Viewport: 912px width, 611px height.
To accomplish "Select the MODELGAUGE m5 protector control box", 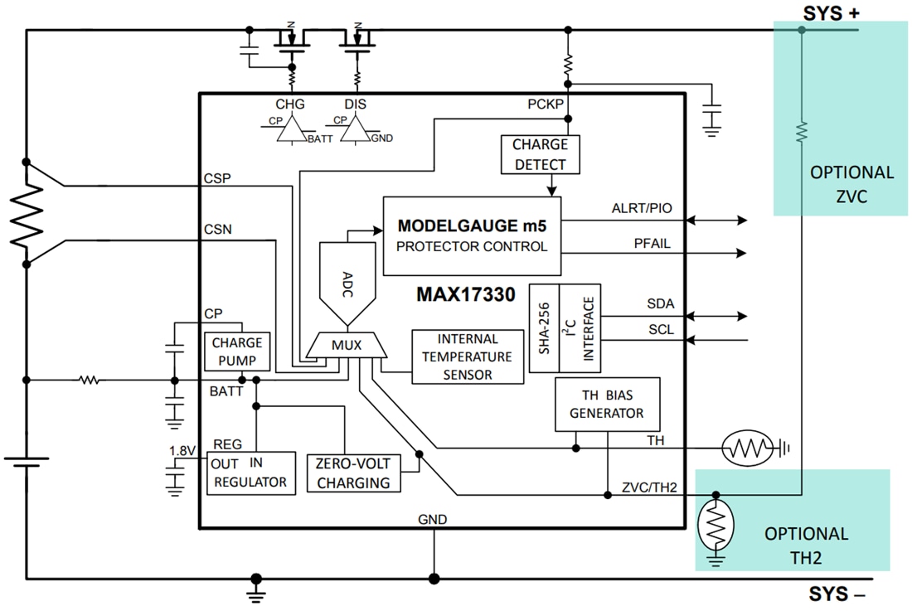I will [x=471, y=235].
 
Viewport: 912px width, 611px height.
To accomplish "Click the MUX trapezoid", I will [x=347, y=345].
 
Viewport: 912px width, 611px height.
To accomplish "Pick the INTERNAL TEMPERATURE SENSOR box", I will [x=468, y=356].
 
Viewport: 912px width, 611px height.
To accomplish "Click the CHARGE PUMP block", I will [x=237, y=352].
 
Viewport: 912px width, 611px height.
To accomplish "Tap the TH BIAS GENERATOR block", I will [x=607, y=405].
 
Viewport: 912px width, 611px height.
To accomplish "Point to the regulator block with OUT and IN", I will [x=250, y=473].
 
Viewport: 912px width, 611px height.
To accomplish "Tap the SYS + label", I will [x=830, y=13].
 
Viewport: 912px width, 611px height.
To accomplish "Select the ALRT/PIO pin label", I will [x=641, y=209].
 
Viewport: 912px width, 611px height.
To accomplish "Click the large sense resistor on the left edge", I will [x=27, y=212].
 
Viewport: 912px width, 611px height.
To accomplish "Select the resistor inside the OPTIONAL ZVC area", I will [x=801, y=131].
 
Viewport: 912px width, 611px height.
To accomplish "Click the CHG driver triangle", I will [x=290, y=129].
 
